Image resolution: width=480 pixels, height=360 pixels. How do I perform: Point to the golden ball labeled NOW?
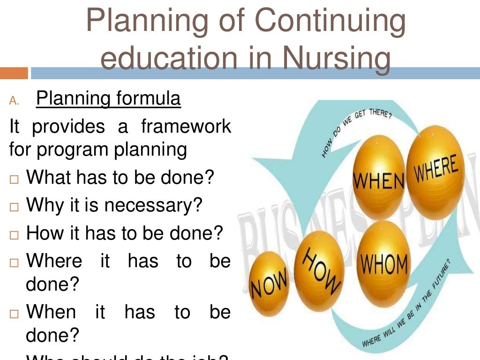pos(269,284)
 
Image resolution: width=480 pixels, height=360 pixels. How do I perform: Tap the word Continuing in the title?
pos(330,21)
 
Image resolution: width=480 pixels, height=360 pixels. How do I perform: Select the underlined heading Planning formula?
pos(108,99)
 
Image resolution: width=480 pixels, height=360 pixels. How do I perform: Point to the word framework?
pos(186,126)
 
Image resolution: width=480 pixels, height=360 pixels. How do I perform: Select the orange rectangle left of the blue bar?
pos(14,73)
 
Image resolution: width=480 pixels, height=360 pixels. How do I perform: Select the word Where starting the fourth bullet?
pos(54,260)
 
